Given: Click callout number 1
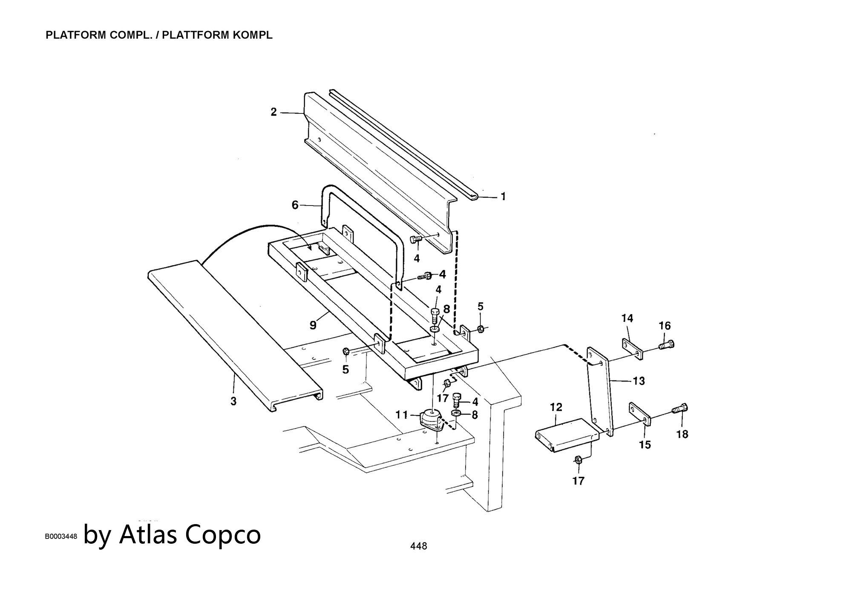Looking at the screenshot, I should (503, 197).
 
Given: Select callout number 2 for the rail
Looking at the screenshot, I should (273, 112).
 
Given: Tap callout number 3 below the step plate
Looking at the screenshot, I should (233, 401).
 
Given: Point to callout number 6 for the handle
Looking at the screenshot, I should (295, 205).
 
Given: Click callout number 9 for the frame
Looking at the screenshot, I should (313, 325).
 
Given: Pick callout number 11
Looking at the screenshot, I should (402, 415).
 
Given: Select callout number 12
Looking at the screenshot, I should (556, 407).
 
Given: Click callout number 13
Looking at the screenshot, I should (639, 381).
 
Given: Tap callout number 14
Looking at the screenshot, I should (627, 318).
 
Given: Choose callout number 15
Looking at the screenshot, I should (645, 445).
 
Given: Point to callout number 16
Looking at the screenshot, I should (665, 326).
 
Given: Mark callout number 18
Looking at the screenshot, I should (682, 434).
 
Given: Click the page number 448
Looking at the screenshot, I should (418, 545).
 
